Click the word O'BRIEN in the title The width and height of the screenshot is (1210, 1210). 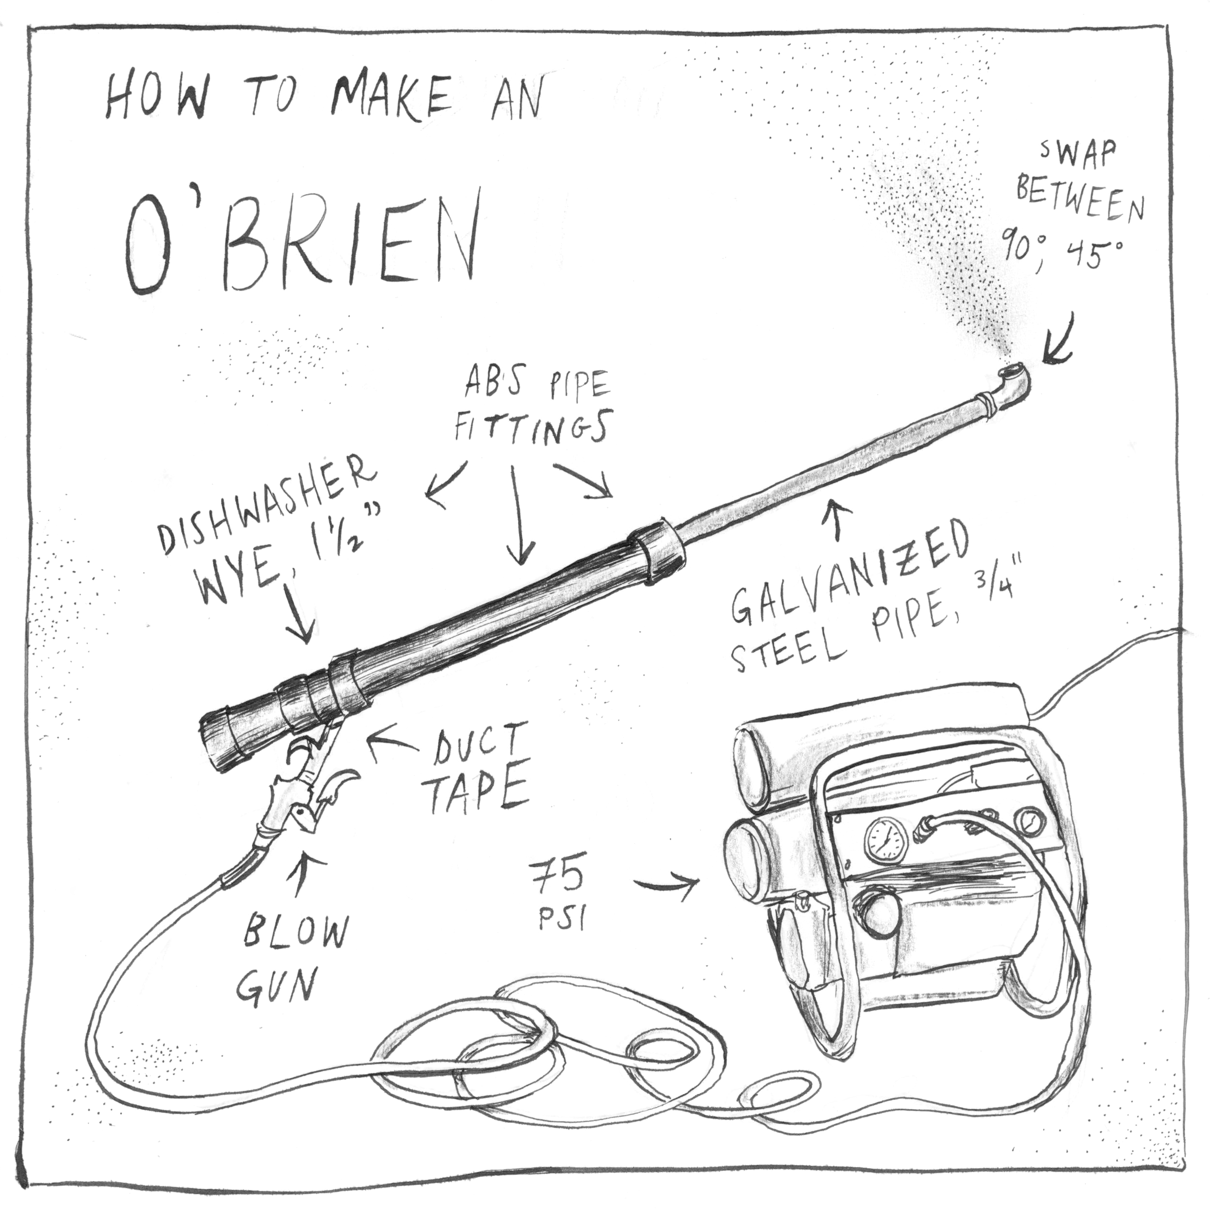click(x=301, y=241)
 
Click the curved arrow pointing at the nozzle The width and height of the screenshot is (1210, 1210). click(x=1058, y=341)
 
